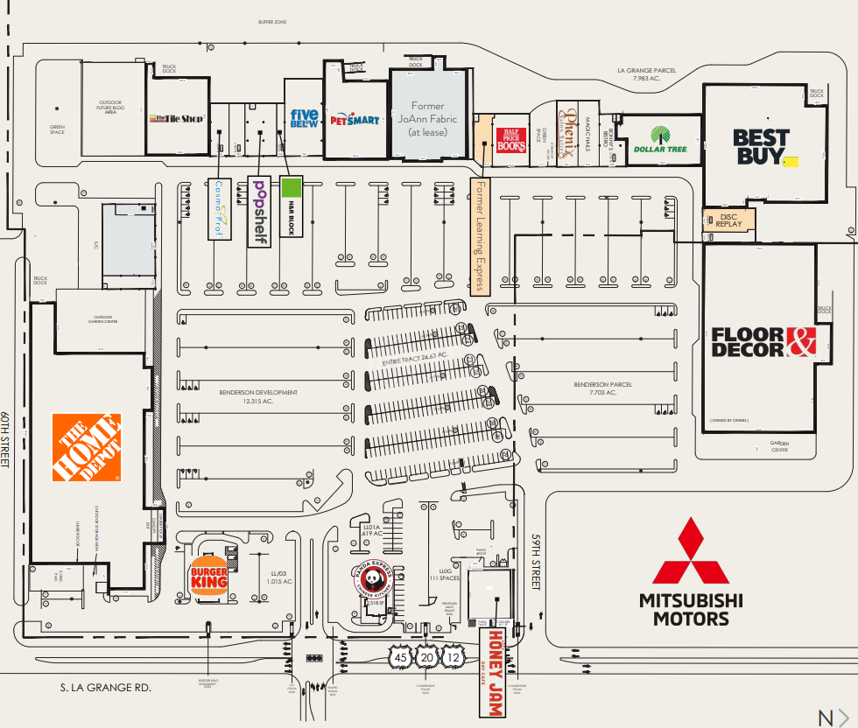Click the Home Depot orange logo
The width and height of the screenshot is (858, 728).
87,447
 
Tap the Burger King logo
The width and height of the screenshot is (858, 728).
209,577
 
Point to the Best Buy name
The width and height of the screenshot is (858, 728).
761,146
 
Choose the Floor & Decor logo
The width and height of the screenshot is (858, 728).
763,342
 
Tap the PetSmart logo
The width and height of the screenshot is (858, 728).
355,118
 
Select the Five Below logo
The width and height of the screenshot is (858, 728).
305,118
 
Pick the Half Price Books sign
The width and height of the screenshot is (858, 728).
511,141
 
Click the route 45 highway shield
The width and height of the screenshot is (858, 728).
401,657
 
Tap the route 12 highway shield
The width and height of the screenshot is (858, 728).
453,657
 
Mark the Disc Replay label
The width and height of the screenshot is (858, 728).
729,220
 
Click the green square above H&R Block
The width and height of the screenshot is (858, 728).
292,187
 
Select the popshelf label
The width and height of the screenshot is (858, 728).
258,211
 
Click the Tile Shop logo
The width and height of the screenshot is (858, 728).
177,118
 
